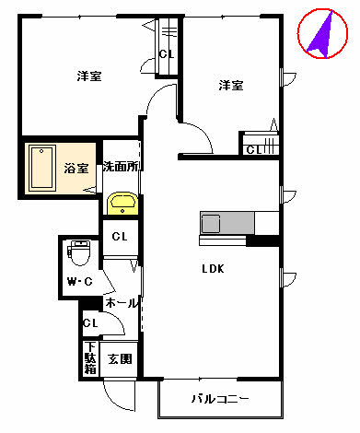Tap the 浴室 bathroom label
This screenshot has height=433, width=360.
75,169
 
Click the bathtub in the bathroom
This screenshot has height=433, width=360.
43,169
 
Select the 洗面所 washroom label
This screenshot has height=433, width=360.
121,168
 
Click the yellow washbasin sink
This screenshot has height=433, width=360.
122,203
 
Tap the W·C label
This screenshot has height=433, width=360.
76,281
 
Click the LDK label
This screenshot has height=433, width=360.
214,269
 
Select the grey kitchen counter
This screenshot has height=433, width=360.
238,223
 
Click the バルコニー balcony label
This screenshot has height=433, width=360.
220,399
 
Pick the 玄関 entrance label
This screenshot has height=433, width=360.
120,359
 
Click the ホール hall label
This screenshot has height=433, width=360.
121,303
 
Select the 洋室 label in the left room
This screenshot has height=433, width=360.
89,76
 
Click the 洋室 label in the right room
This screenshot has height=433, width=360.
231,86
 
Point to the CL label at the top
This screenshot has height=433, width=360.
166,53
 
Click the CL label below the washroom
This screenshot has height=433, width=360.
120,237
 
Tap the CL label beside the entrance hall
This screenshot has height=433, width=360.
90,323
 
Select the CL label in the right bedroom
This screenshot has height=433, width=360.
253,149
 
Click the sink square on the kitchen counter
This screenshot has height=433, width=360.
211,223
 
